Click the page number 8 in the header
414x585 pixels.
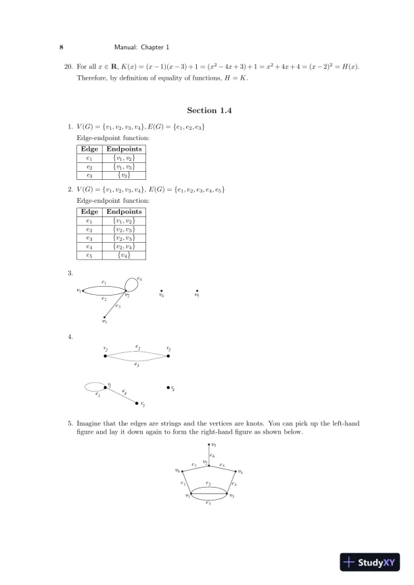point(62,47)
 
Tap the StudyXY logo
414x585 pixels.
point(371,561)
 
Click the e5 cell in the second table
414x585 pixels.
point(89,256)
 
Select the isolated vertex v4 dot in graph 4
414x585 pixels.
point(168,388)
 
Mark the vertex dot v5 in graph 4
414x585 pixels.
point(137,403)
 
